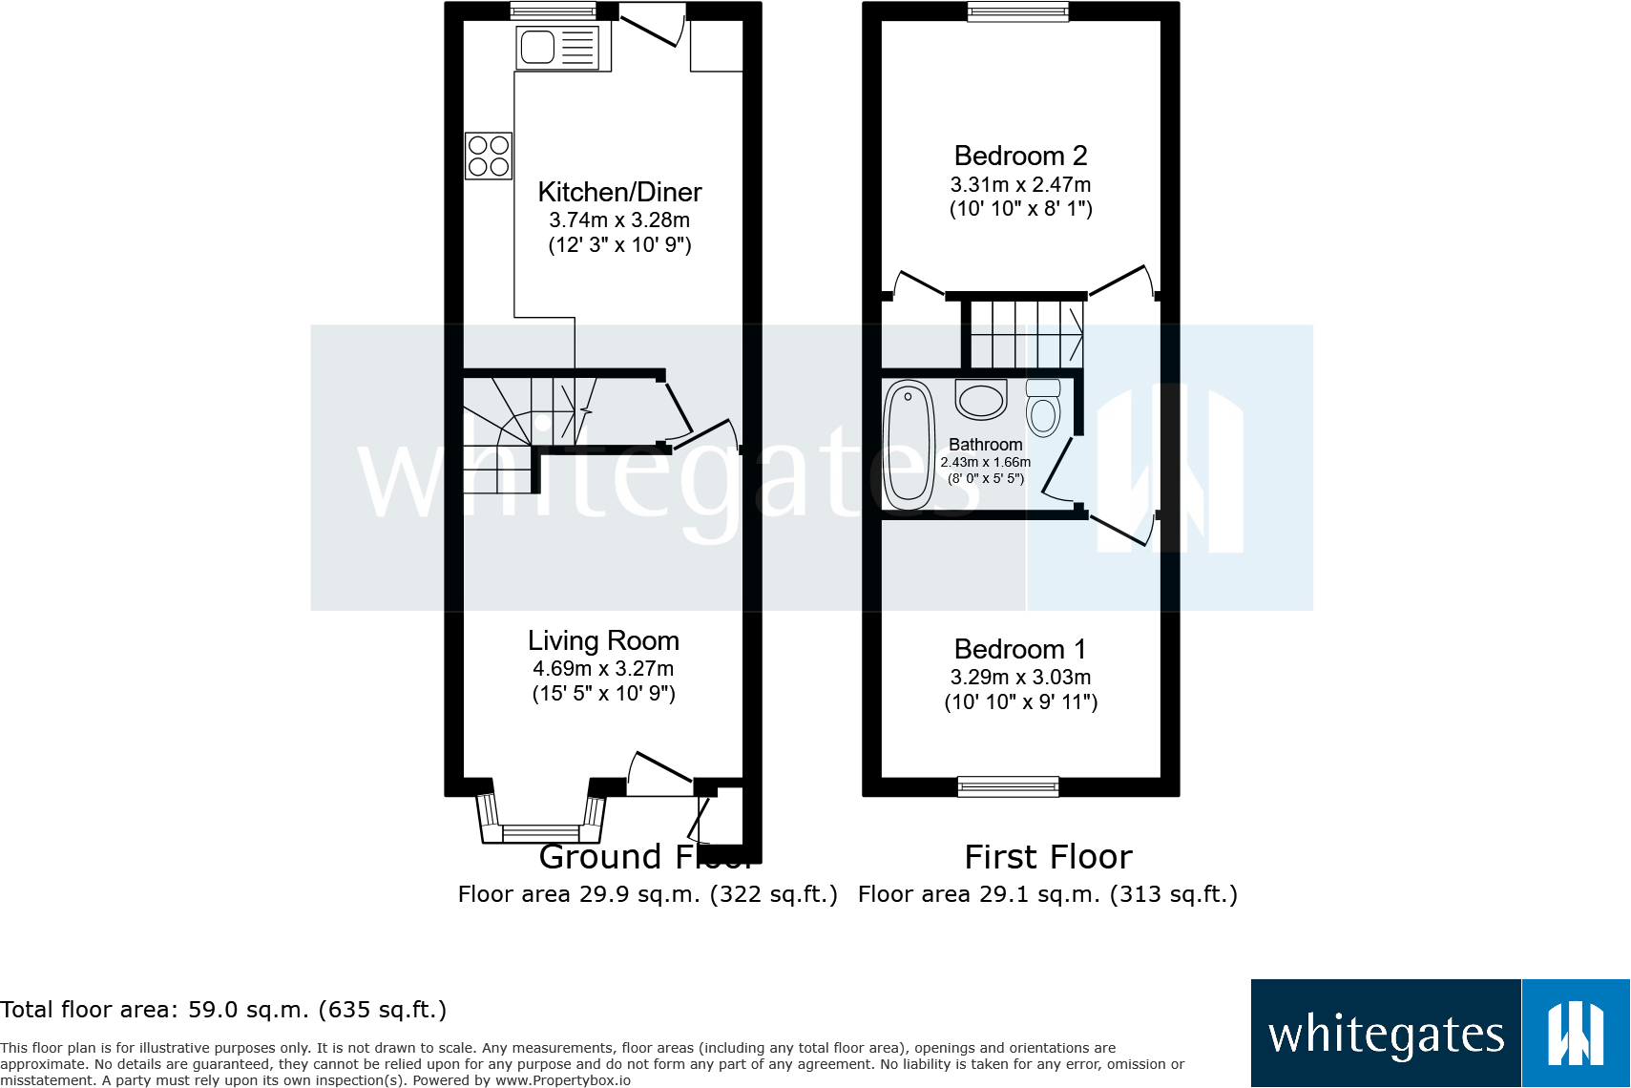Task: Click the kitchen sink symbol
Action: [558, 47]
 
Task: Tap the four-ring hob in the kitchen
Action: [489, 157]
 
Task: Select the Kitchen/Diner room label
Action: [619, 192]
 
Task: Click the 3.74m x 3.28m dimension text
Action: [619, 220]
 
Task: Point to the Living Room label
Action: [603, 640]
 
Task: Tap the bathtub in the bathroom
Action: [909, 445]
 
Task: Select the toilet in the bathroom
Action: [1043, 408]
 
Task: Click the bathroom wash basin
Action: [981, 399]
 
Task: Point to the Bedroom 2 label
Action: [1020, 156]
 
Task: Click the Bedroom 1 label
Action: [1020, 649]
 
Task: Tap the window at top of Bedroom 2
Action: [1017, 11]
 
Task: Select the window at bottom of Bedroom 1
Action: [1008, 786]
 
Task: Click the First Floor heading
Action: [1048, 857]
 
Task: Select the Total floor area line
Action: [223, 1010]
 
